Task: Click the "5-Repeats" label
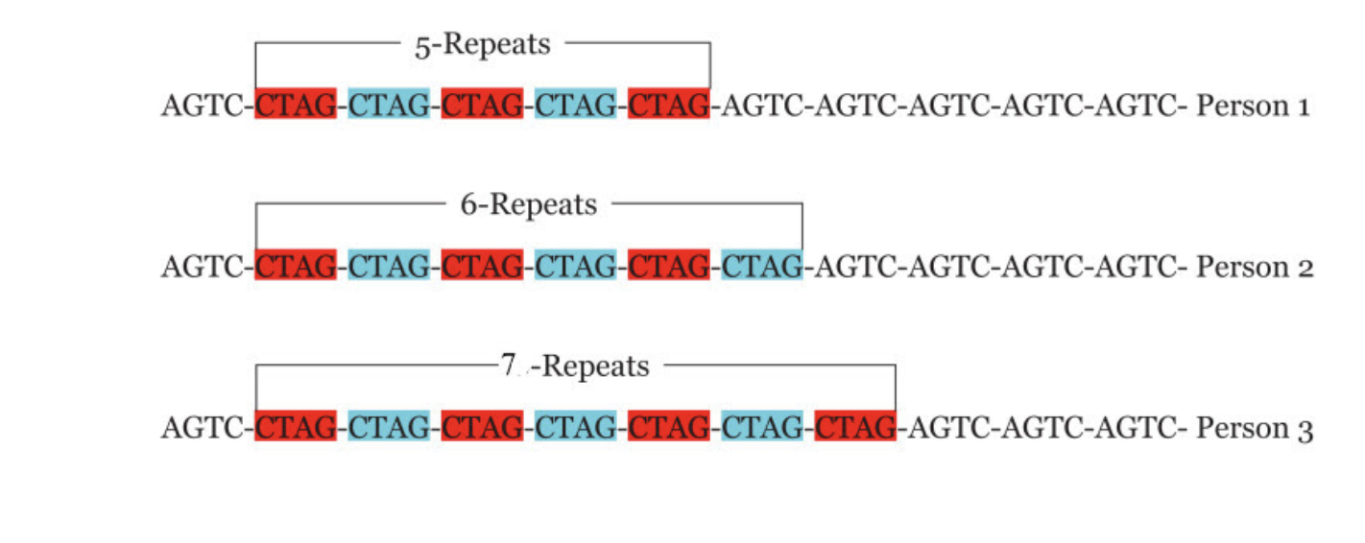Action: coord(483,44)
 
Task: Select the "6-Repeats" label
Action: coord(529,204)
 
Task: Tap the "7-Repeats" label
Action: coord(575,366)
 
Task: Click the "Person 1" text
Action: coord(1252,105)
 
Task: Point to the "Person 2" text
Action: coord(1254,266)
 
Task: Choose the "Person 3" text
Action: coord(1254,427)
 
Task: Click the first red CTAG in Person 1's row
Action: coord(296,105)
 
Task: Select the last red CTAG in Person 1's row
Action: coord(668,105)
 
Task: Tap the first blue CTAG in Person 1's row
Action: coord(389,105)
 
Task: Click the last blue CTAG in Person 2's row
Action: coord(761,266)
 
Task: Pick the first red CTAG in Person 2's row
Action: coord(296,266)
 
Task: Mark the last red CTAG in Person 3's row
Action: coord(854,427)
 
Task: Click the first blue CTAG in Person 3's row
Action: coord(389,427)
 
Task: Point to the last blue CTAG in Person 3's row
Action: coord(761,427)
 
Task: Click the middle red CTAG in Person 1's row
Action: coord(482,105)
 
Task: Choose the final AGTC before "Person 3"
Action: coord(1137,427)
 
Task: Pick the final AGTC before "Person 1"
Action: coord(1137,105)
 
